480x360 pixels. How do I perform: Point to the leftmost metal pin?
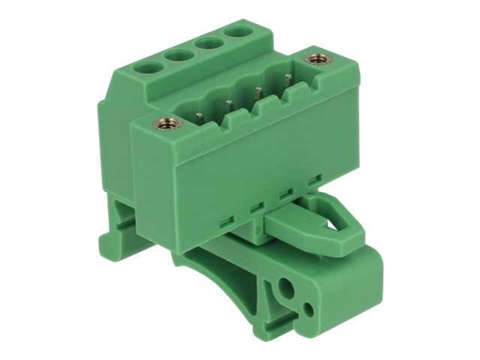(200, 112)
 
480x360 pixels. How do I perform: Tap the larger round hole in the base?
(286, 287)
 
